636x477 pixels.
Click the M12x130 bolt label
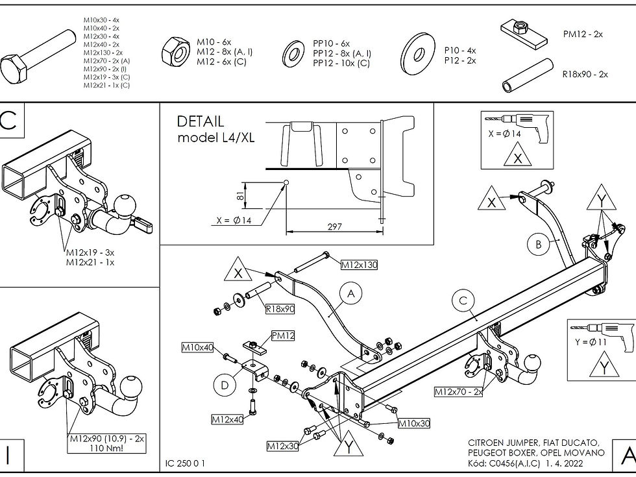point(359,265)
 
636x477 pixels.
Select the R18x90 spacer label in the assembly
point(280,309)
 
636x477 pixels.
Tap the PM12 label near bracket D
point(283,336)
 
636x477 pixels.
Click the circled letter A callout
point(351,294)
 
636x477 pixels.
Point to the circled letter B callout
point(538,245)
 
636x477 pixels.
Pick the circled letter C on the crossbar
point(463,300)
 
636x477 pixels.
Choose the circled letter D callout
point(225,385)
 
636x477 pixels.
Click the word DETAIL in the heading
point(201,121)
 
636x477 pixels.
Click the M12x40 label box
point(227,420)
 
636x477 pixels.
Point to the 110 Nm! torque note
point(107,448)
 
